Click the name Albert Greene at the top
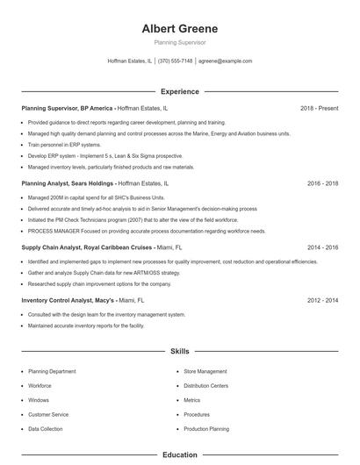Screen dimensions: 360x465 click(179, 28)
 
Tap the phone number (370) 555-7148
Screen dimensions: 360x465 click(176, 61)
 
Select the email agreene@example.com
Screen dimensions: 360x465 click(225, 61)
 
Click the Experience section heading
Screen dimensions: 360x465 click(179, 91)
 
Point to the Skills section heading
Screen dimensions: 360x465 click(179, 351)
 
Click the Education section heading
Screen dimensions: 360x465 click(179, 455)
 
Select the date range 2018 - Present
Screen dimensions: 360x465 click(319, 108)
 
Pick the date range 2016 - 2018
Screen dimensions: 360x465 click(323, 183)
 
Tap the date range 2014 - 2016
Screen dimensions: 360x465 click(323, 247)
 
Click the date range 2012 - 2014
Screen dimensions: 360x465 click(323, 300)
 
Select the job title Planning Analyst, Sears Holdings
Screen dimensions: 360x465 click(67, 183)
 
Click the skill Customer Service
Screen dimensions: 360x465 click(48, 414)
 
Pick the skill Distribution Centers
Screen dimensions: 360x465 click(206, 385)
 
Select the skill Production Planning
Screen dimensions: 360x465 click(206, 429)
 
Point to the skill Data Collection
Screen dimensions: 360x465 click(46, 429)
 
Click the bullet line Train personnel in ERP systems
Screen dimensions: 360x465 click(64, 144)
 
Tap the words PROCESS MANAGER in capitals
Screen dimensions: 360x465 click(51, 231)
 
